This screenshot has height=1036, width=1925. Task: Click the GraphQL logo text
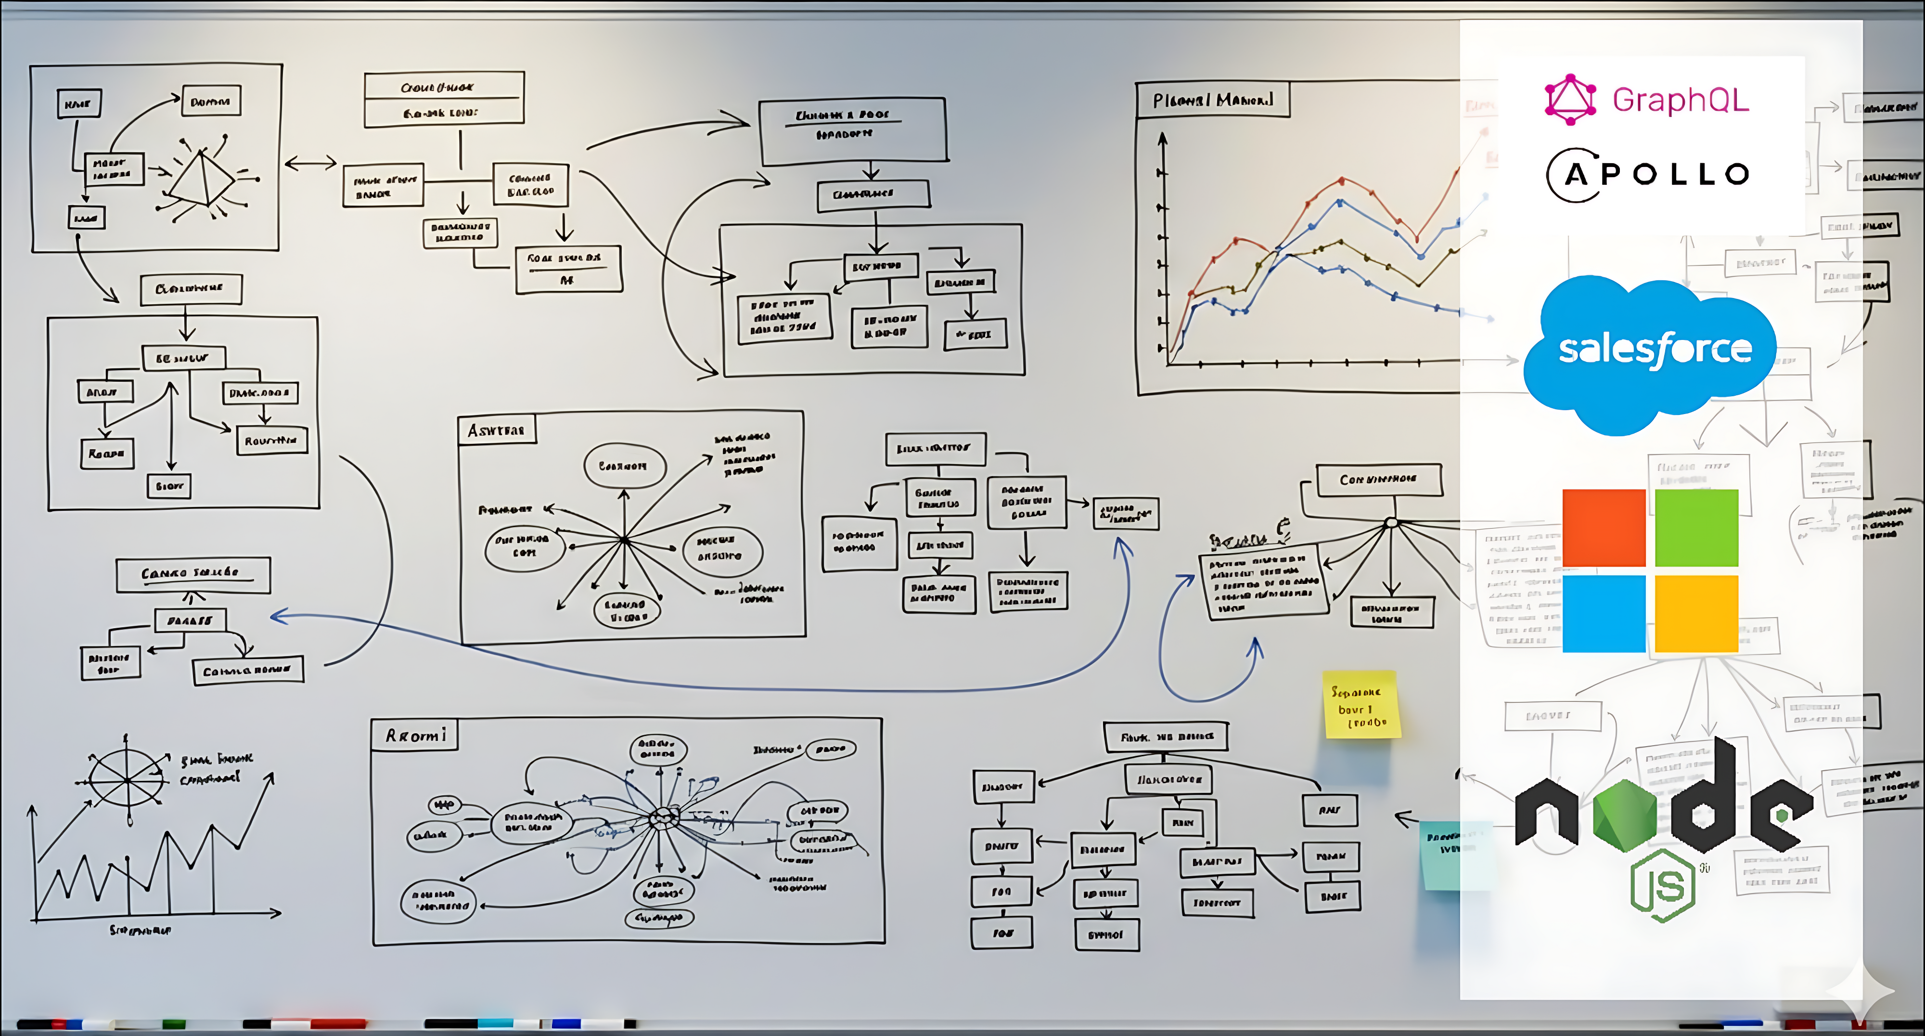(1680, 100)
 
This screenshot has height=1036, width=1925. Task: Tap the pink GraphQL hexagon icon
(1570, 100)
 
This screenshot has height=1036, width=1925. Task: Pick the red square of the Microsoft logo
(1604, 528)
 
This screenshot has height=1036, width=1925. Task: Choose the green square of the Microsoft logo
(1696, 528)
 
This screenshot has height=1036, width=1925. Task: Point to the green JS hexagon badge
(1662, 886)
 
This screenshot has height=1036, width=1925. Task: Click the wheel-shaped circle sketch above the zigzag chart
(127, 779)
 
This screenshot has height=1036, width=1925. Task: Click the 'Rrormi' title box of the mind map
(415, 736)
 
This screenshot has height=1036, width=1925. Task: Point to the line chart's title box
(1212, 100)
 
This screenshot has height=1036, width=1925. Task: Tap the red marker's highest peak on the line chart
(1342, 180)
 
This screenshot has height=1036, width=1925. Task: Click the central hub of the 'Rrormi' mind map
(661, 818)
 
